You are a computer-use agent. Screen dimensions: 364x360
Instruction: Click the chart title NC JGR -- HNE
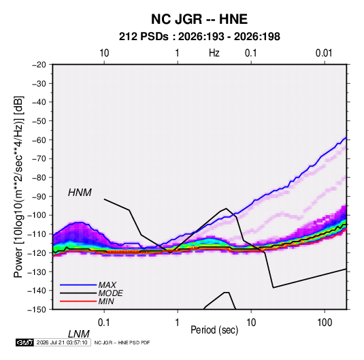(199, 19)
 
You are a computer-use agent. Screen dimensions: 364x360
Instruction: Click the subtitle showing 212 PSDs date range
(199, 37)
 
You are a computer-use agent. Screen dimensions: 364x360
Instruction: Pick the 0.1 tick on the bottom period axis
(104, 323)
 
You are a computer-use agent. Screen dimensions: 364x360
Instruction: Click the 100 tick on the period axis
(325, 323)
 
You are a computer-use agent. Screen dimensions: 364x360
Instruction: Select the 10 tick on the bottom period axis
(251, 323)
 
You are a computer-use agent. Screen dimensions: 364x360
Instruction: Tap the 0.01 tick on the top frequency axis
(324, 53)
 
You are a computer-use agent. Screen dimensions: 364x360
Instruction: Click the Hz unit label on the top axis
(214, 53)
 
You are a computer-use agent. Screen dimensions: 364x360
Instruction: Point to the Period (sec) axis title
(214, 330)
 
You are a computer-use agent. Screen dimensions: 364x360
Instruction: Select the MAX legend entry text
(107, 284)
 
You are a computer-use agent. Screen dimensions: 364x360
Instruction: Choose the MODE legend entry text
(110, 293)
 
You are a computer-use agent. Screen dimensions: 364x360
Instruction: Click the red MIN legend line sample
(78, 301)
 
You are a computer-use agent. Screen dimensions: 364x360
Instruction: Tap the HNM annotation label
(80, 193)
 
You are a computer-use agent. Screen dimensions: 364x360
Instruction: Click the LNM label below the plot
(78, 334)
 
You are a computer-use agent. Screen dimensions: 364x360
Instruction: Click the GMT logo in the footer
(24, 342)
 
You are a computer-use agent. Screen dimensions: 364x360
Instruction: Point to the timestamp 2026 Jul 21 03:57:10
(62, 342)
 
